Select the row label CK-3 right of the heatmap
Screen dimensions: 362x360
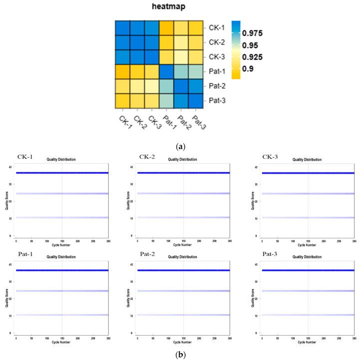(x=213, y=57)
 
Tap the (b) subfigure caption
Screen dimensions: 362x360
(x=180, y=356)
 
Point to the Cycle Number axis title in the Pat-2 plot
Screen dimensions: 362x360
(x=183, y=342)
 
